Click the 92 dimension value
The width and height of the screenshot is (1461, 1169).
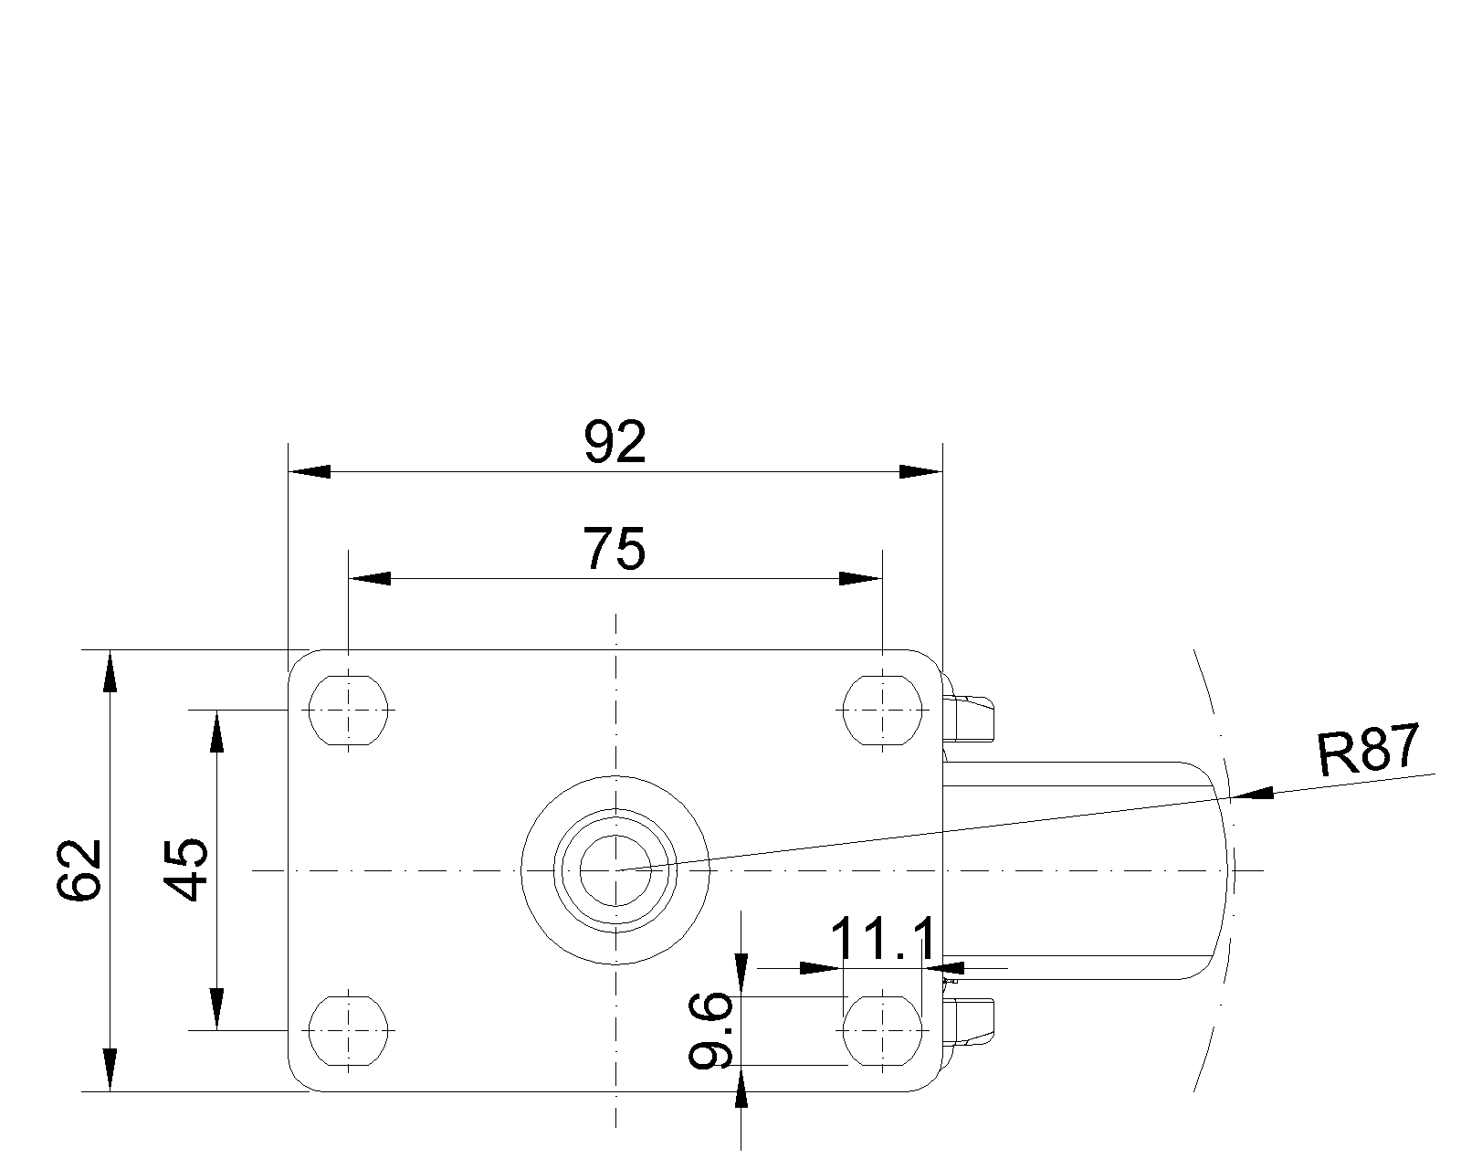[x=615, y=442]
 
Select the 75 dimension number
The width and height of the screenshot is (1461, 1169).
[x=615, y=549]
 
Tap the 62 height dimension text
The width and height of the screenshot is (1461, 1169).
[x=79, y=870]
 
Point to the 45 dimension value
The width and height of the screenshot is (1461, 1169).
[x=186, y=870]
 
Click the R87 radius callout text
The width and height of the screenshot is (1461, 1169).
[x=1368, y=750]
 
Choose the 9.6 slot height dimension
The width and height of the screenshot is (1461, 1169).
[x=710, y=1030]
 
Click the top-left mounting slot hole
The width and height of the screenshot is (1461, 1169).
[x=348, y=711]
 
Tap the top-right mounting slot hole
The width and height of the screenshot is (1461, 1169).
[x=882, y=711]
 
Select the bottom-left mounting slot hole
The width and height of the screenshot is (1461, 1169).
[x=348, y=1031]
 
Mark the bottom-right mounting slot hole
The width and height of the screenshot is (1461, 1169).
[x=882, y=1031]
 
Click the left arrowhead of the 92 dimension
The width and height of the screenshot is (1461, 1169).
[x=310, y=471]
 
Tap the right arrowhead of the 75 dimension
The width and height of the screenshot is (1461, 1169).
[x=861, y=579]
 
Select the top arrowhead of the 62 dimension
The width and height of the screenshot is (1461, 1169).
[x=110, y=671]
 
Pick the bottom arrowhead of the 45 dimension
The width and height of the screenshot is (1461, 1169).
[x=216, y=1009]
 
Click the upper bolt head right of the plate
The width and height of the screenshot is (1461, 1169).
[x=969, y=709]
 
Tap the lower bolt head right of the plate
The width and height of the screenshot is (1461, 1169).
[x=969, y=1030]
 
